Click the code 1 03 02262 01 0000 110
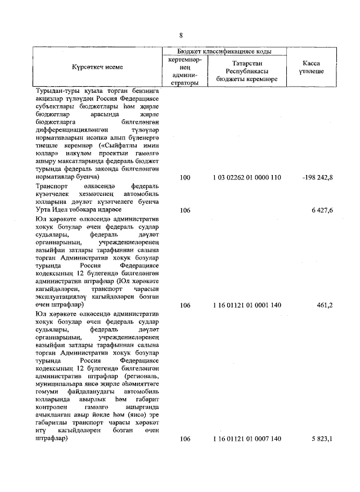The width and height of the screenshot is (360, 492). click(246, 177)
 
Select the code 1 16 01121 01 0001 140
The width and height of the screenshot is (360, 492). click(246, 305)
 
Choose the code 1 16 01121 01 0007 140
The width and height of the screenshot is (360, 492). click(246, 439)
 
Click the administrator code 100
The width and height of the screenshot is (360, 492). click(185, 177)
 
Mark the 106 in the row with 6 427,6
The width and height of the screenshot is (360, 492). click(185, 209)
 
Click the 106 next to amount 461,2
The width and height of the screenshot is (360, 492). click(185, 305)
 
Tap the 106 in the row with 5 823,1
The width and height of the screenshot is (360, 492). click(185, 439)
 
